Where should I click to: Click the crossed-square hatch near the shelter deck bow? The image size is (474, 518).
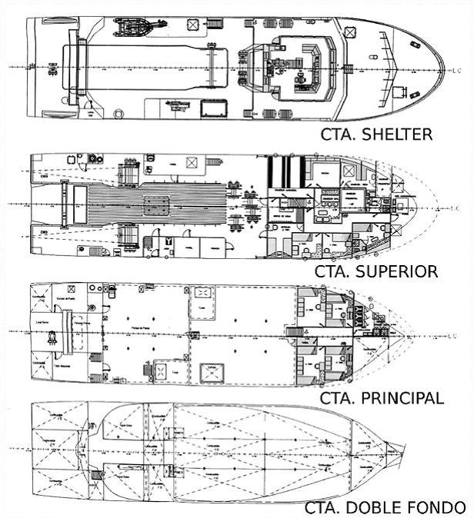click(352, 32)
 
